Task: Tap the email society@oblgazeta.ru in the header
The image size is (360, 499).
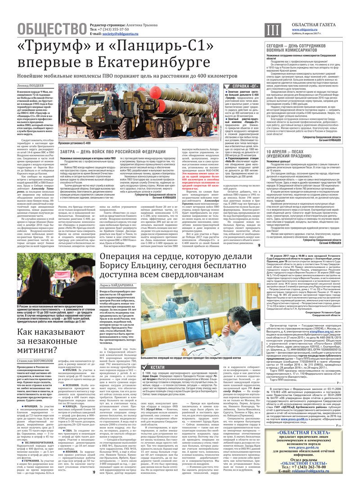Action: [x=122, y=33]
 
